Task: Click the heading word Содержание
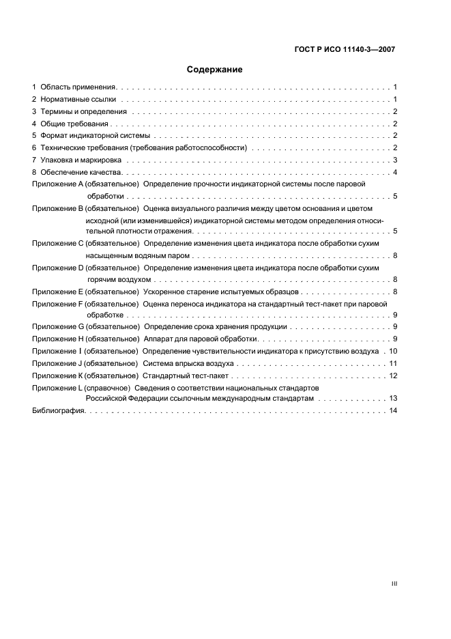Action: coord(214,70)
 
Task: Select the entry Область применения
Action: coord(78,87)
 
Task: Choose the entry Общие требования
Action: coord(74,124)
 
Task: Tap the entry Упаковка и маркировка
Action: coord(83,160)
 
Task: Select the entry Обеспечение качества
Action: coord(81,172)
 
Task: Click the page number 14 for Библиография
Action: coord(393,410)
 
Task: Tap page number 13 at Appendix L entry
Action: coord(393,398)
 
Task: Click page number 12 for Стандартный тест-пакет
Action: coord(393,375)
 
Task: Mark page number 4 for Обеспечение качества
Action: coord(395,172)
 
